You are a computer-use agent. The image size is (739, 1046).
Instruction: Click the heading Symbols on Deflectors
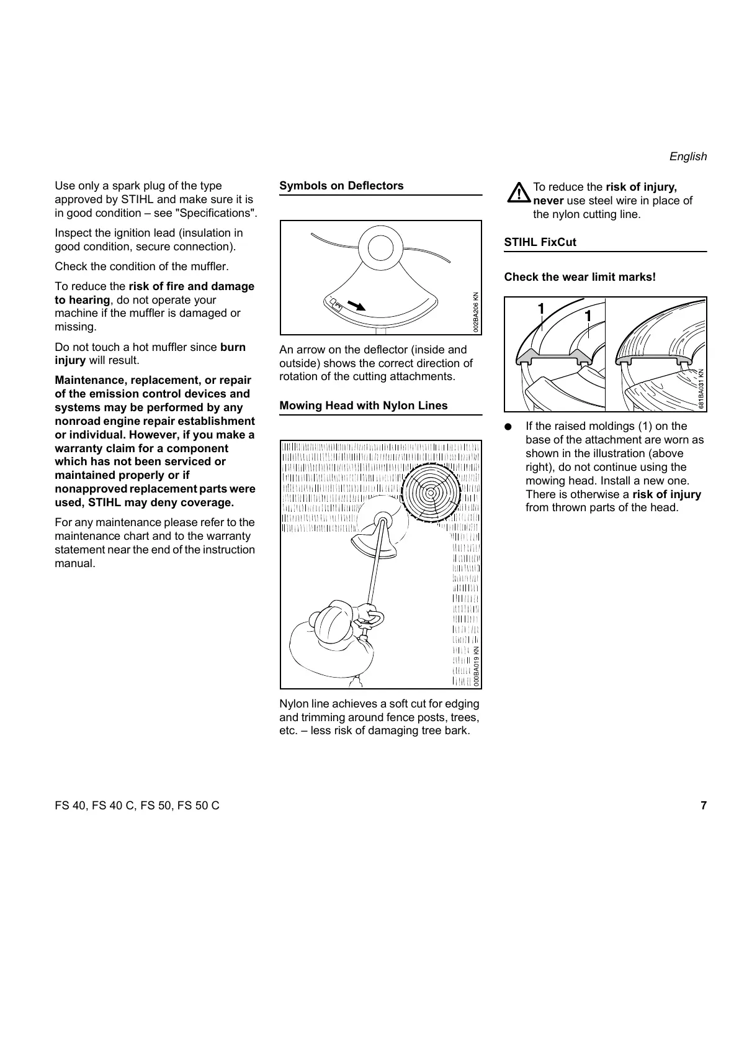coord(341,186)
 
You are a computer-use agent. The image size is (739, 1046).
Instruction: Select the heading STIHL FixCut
coord(540,242)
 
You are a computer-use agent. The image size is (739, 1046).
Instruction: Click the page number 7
coord(703,806)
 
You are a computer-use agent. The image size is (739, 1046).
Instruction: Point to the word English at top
coord(687,157)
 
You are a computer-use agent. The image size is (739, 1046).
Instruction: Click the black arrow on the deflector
coord(356,305)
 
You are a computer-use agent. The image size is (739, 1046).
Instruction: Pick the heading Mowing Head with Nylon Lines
coord(363,406)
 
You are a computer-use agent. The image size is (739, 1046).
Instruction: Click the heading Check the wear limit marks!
coord(580,277)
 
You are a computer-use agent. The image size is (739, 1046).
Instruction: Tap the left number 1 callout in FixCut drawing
coord(540,309)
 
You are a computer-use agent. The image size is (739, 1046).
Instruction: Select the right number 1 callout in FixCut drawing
coord(587,316)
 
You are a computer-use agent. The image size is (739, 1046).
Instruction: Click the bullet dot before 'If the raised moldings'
coord(508,427)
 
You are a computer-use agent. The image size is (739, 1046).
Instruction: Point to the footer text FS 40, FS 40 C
coord(137,806)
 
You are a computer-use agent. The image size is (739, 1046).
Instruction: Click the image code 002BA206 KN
coord(476,312)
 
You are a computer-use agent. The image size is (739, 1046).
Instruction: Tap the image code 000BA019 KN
coord(476,666)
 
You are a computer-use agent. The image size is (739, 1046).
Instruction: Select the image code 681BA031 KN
coord(701,389)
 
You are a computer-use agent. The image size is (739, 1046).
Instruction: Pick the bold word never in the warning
coord(548,201)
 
